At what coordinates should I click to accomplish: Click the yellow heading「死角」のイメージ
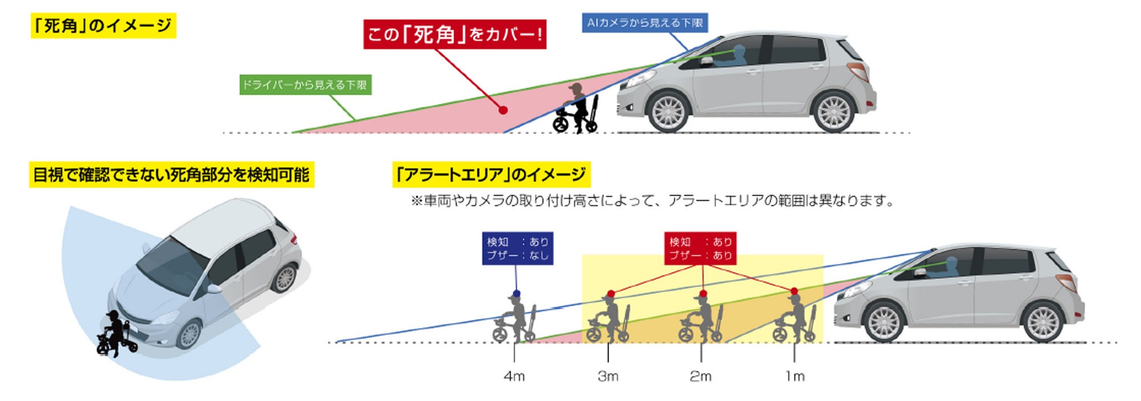(103, 26)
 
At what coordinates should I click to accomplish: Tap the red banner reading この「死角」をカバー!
(455, 34)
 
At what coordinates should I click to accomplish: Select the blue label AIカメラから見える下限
(645, 23)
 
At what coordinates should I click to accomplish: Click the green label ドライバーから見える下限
(305, 85)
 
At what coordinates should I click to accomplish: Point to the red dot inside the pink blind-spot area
(503, 110)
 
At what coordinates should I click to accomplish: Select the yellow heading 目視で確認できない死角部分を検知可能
(171, 175)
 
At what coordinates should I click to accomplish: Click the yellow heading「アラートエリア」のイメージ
(491, 174)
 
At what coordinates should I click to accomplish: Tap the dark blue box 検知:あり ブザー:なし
(517, 249)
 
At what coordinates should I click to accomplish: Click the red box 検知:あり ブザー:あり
(701, 249)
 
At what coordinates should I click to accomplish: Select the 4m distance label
(514, 376)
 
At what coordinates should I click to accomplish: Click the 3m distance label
(608, 376)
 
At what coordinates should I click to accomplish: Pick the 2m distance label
(701, 376)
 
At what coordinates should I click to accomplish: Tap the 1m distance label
(794, 376)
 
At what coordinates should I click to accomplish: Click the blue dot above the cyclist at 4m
(517, 293)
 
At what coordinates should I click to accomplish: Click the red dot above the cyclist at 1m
(794, 291)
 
